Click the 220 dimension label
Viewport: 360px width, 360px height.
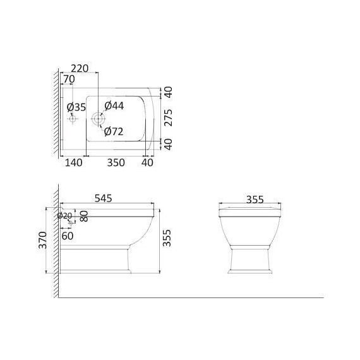point(80,68)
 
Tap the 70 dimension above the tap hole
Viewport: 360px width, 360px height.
point(69,79)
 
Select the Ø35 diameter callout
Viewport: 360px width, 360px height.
point(76,107)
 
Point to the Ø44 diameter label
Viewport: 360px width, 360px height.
point(114,106)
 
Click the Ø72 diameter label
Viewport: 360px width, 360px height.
point(114,131)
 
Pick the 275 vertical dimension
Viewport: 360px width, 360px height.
point(168,117)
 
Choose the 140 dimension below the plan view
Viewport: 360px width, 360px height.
point(74,162)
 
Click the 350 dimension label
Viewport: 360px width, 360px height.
point(116,162)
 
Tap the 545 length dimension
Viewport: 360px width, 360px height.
point(104,198)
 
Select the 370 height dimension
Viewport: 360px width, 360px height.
point(43,240)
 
